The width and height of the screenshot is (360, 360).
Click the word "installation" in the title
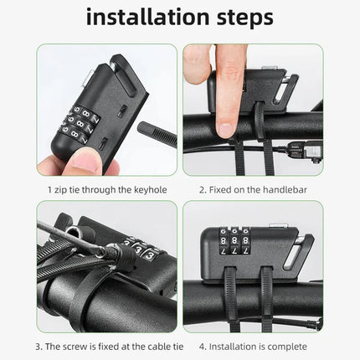pyautogui.click(x=148, y=17)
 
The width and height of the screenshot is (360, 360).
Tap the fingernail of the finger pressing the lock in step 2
pyautogui.click(x=225, y=130)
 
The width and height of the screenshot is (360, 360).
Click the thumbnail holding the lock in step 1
pyautogui.click(x=85, y=161)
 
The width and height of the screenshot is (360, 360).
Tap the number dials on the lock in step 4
pyautogui.click(x=234, y=241)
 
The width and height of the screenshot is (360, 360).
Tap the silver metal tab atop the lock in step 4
pyautogui.click(x=278, y=225)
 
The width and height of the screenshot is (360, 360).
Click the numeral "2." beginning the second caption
pyautogui.click(x=203, y=190)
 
